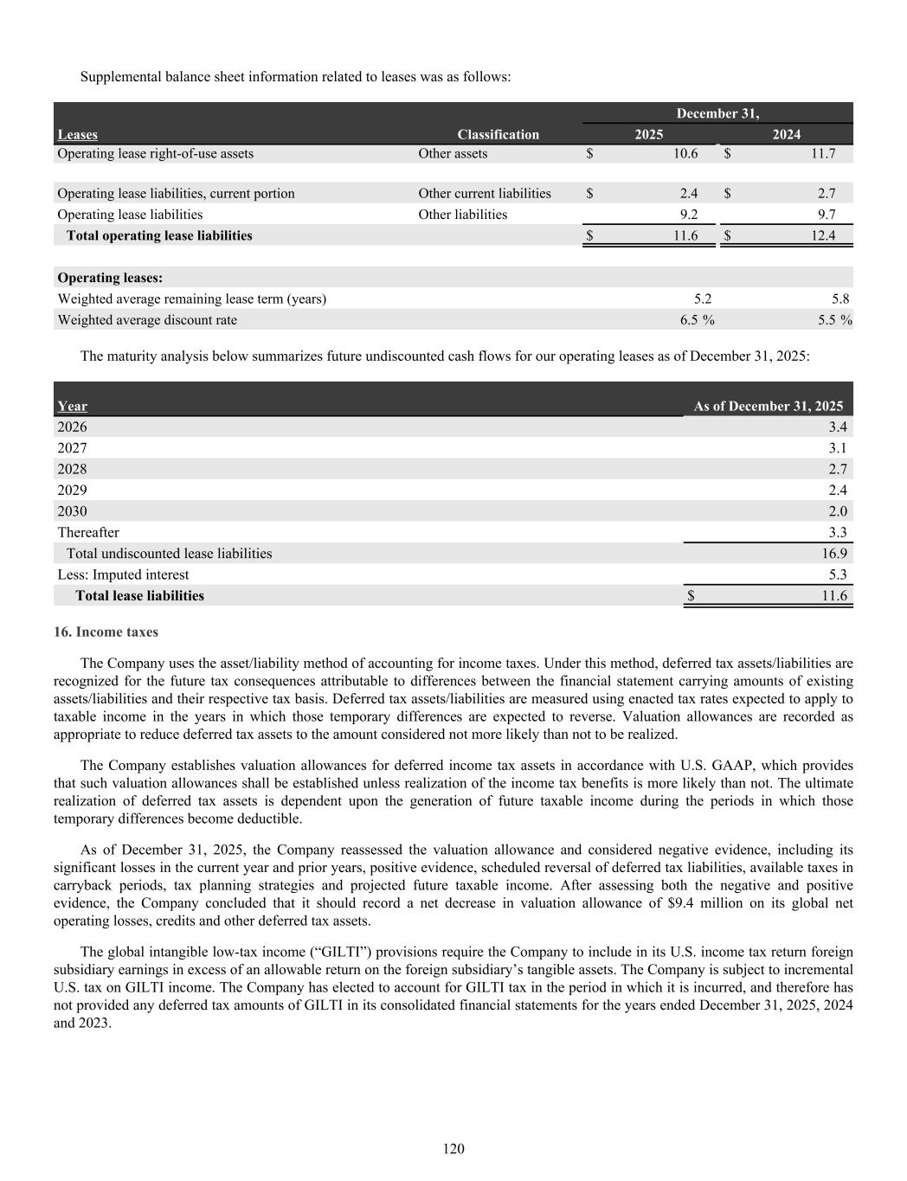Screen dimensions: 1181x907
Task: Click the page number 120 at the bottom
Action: [x=453, y=1148]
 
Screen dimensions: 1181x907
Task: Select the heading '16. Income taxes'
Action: [x=106, y=632]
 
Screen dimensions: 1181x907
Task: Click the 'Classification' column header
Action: [x=498, y=134]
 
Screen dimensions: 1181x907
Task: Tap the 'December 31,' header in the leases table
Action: [x=717, y=113]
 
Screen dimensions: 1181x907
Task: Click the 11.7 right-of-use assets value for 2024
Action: [x=823, y=153]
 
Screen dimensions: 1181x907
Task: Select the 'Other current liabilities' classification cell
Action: [x=484, y=193]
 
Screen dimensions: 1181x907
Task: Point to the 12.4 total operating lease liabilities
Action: [x=823, y=235]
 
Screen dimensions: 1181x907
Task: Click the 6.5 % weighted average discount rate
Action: [x=697, y=319]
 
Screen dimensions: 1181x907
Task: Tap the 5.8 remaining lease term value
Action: [x=839, y=298]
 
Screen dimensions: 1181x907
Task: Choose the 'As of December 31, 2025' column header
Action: [x=768, y=406]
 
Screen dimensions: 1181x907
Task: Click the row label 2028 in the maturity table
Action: [x=72, y=469]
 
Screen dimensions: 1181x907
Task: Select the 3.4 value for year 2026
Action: [x=837, y=427]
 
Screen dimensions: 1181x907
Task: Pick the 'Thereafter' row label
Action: [x=88, y=532]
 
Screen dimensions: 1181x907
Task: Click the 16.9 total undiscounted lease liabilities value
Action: [x=834, y=553]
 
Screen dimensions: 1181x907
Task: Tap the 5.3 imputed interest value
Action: [x=837, y=574]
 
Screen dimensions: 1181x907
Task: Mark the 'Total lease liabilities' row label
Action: [x=139, y=595]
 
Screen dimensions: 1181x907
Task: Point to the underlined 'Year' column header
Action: [x=72, y=406]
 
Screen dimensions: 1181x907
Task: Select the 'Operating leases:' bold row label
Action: [x=110, y=278]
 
